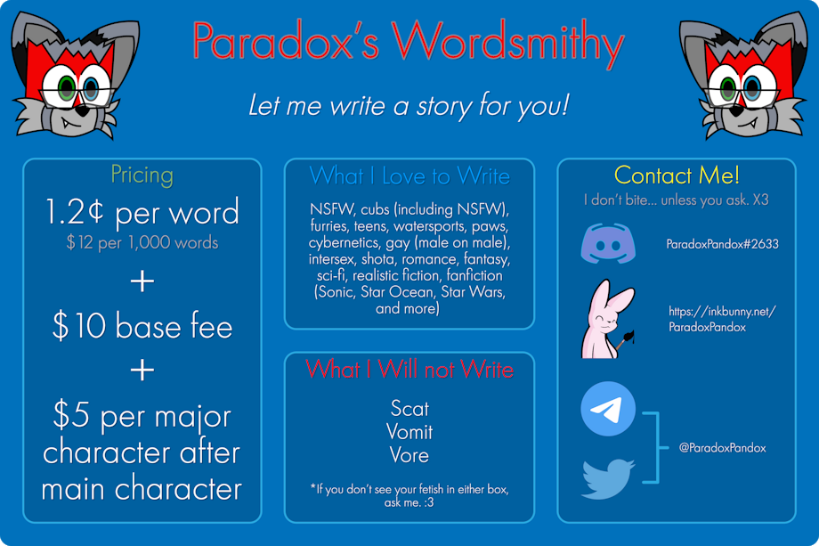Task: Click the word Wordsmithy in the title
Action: (507, 43)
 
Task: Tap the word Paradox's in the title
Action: (286, 40)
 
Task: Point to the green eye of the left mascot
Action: (67, 88)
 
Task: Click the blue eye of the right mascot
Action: (752, 87)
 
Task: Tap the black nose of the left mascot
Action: (82, 110)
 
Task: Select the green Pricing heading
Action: (142, 175)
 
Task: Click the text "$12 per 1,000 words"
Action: (142, 242)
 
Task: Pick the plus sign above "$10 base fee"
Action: (142, 281)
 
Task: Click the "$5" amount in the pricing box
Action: (70, 414)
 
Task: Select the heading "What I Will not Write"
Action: (409, 370)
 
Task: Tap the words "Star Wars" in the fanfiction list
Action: (474, 291)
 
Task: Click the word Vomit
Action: (409, 432)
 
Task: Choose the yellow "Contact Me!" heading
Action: (677, 175)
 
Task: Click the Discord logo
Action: (608, 243)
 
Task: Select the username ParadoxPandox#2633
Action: (722, 244)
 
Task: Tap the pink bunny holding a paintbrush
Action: (608, 319)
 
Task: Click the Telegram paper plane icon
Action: (608, 409)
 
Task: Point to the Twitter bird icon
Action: (608, 478)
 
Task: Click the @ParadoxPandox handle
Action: (722, 448)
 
